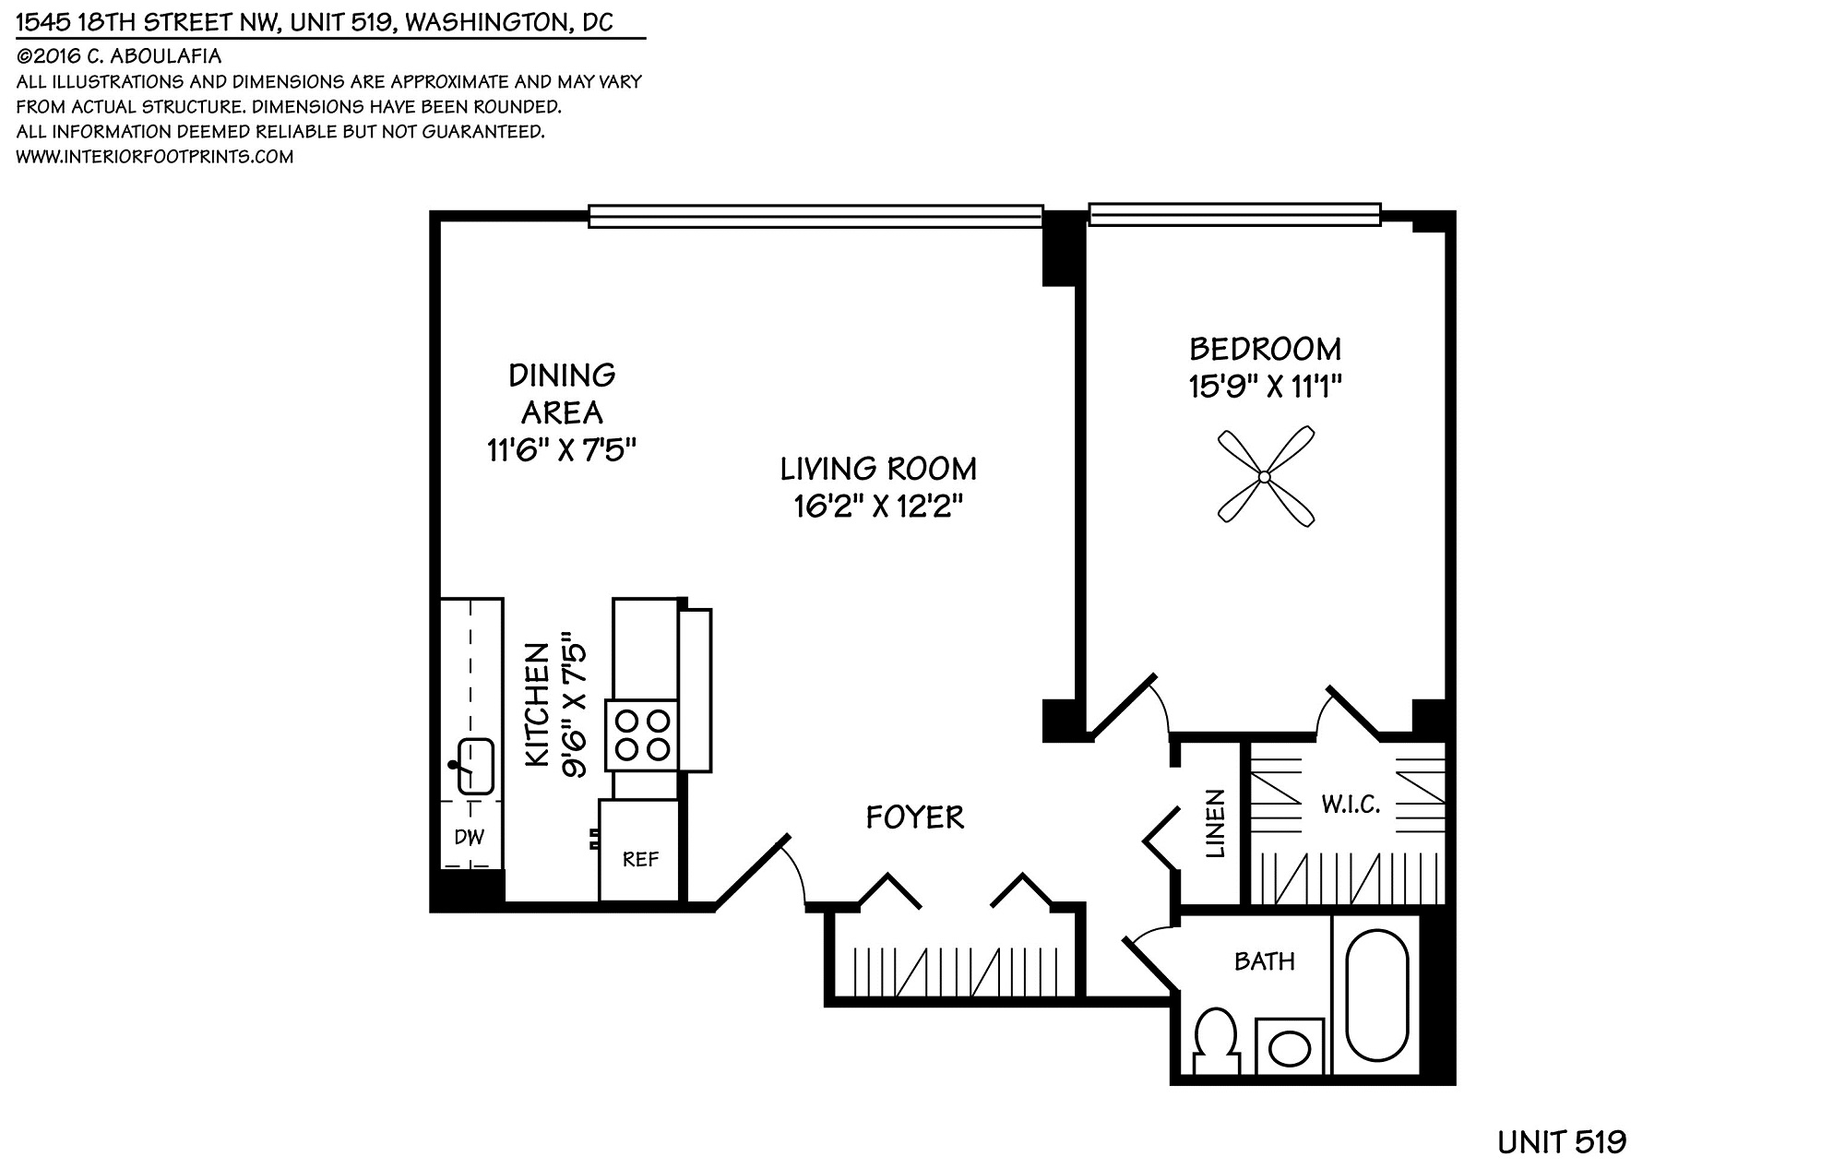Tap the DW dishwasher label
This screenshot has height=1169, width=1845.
pos(470,837)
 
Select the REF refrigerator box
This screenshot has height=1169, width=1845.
pos(639,850)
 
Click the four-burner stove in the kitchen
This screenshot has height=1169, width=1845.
pos(642,734)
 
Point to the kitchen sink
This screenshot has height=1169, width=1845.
pos(475,765)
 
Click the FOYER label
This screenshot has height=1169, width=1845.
pos(915,817)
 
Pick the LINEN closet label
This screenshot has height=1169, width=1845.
pos(1215,824)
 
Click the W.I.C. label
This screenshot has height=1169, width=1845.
pos(1351,805)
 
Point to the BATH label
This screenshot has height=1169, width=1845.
pos(1264,961)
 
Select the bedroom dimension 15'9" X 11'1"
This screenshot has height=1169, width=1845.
pos(1265,386)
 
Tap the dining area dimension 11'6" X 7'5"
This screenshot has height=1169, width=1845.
pos(562,450)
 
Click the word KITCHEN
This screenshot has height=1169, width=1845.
pos(537,705)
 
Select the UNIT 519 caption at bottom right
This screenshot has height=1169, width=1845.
pos(1562,1142)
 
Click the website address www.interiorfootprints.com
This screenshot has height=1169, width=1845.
pos(155,157)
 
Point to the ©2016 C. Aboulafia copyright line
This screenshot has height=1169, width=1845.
pos(119,56)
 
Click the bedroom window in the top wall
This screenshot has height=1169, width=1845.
pos(1234,214)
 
